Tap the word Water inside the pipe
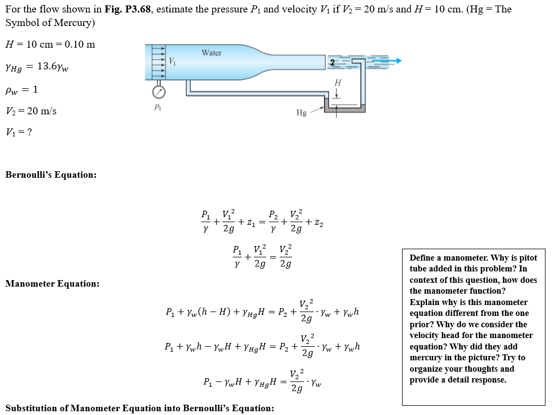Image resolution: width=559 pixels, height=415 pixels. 212,53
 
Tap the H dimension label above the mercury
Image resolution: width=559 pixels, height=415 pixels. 338,83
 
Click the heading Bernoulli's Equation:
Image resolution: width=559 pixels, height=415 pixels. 51,174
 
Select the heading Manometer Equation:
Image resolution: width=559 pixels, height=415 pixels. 52,283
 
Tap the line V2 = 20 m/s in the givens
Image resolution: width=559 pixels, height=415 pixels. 31,111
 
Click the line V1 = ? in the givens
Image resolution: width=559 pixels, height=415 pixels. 18,132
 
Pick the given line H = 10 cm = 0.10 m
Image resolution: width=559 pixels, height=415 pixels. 50,44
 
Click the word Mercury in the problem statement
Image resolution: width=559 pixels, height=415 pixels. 74,23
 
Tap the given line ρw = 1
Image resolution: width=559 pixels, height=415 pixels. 22,89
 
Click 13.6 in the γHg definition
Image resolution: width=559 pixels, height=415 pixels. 47,67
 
